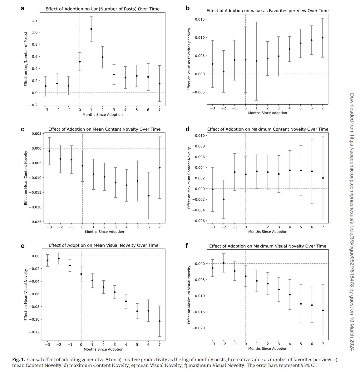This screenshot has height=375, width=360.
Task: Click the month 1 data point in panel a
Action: [91, 29]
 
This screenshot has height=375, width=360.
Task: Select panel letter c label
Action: [22, 128]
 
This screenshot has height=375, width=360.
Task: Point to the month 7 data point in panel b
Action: [322, 38]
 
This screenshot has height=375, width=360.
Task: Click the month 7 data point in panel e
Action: [160, 321]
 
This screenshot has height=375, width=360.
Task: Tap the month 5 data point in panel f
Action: [301, 304]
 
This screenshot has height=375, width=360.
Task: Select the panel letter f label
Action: [187, 245]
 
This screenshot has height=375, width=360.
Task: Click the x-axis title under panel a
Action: [102, 115]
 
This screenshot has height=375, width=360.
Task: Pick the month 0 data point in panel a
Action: [80, 62]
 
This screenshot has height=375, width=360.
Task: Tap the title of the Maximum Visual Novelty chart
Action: [268, 246]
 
